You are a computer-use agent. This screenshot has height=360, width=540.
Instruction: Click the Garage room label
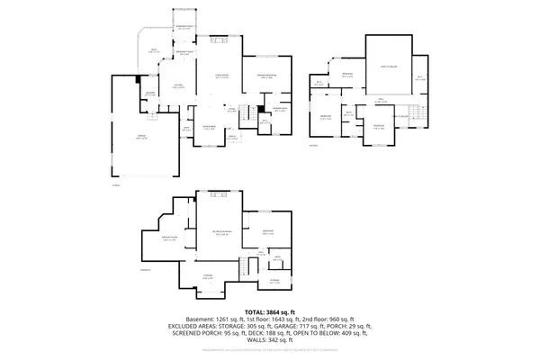tap(140, 136)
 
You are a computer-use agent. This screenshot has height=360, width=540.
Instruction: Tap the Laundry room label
tap(150, 93)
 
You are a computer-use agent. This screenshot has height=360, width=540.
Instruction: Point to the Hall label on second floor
tap(382, 100)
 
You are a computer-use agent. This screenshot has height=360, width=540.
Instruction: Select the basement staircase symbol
tap(242, 264)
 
